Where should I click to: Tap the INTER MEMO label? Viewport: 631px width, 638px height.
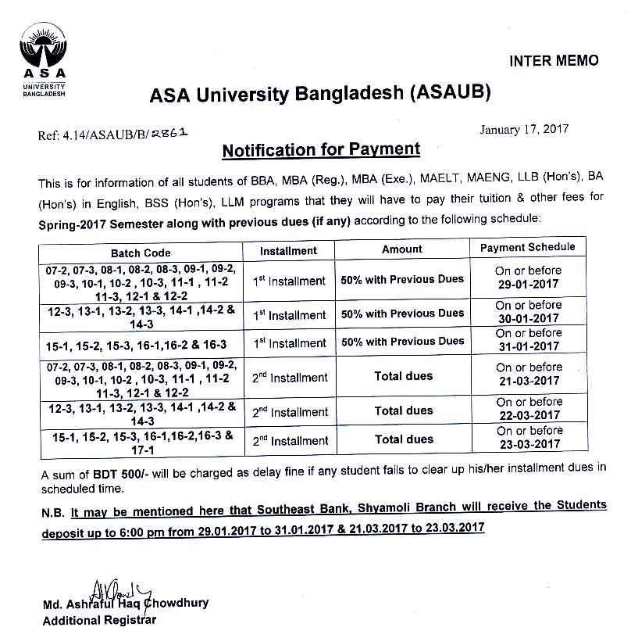coord(554,61)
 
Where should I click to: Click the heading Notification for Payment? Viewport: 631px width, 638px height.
coord(321,149)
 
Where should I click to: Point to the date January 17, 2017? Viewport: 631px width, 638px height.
coord(524,129)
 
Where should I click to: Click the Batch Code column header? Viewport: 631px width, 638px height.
coord(141,253)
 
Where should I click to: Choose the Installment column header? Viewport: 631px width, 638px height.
coord(288,251)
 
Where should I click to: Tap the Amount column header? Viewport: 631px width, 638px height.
coord(402,249)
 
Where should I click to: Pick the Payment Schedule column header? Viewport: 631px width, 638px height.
coord(528,247)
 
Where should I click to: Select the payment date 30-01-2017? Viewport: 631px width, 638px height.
coord(529,318)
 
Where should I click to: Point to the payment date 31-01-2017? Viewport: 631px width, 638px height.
coord(529,346)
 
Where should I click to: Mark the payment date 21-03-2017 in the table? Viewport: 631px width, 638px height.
coord(529,381)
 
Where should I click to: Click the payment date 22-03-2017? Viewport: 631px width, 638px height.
coord(529,415)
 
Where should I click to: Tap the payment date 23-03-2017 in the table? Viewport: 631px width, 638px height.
coord(529,444)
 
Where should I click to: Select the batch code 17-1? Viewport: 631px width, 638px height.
coord(141,450)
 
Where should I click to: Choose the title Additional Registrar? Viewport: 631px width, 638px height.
coord(99,621)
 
